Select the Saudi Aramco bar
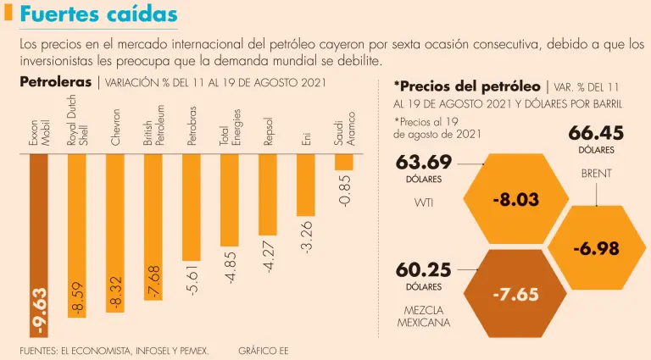[343, 161]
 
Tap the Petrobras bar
[191, 207]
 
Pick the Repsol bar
[267, 194]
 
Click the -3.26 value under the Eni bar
[307, 236]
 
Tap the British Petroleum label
[153, 128]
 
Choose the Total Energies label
[230, 127]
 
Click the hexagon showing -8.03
[515, 200]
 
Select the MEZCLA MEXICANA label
[424, 316]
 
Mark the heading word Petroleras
[55, 82]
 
